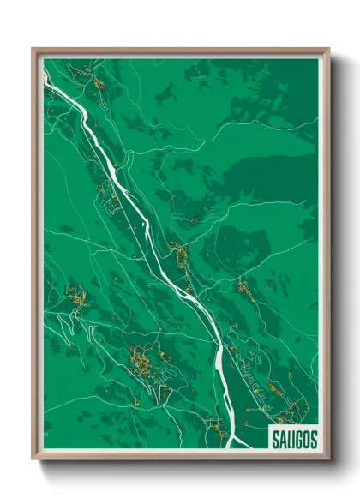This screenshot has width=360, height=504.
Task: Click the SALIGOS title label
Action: click(x=292, y=439)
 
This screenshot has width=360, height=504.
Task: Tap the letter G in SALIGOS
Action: click(x=296, y=439)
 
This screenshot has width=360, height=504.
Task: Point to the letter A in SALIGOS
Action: click(x=280, y=439)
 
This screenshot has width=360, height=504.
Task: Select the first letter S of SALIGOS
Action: click(x=273, y=439)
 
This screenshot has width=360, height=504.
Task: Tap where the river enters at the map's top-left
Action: click(x=48, y=79)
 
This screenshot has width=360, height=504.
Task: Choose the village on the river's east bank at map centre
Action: click(x=180, y=255)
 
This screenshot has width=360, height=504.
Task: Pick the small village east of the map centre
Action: click(x=243, y=287)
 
